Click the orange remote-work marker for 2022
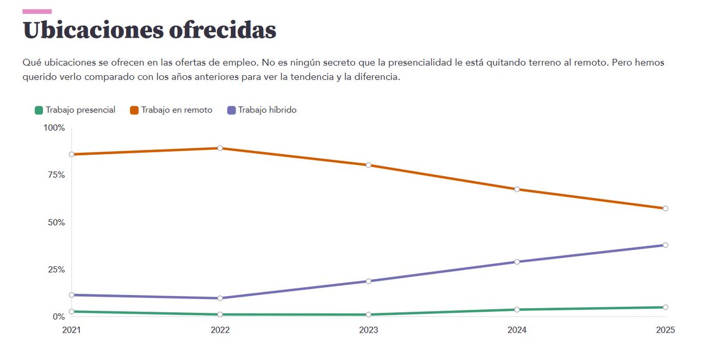coord(220,148)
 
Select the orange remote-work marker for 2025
coord(665,208)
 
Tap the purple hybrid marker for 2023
coord(368,281)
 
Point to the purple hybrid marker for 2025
coord(665,245)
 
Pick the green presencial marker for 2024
coord(517,310)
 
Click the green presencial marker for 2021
coord(72,312)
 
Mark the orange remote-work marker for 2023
coord(368,165)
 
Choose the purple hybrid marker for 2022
coord(220,298)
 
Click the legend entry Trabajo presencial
coord(75,110)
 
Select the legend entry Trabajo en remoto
coord(171,110)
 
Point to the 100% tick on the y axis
coord(54,128)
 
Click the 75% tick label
coord(55,175)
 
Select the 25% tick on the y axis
coord(55,269)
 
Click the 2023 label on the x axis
coord(368,330)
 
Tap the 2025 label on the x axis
coord(665,330)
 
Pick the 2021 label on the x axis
coord(72,330)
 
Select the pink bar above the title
coord(37,11)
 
